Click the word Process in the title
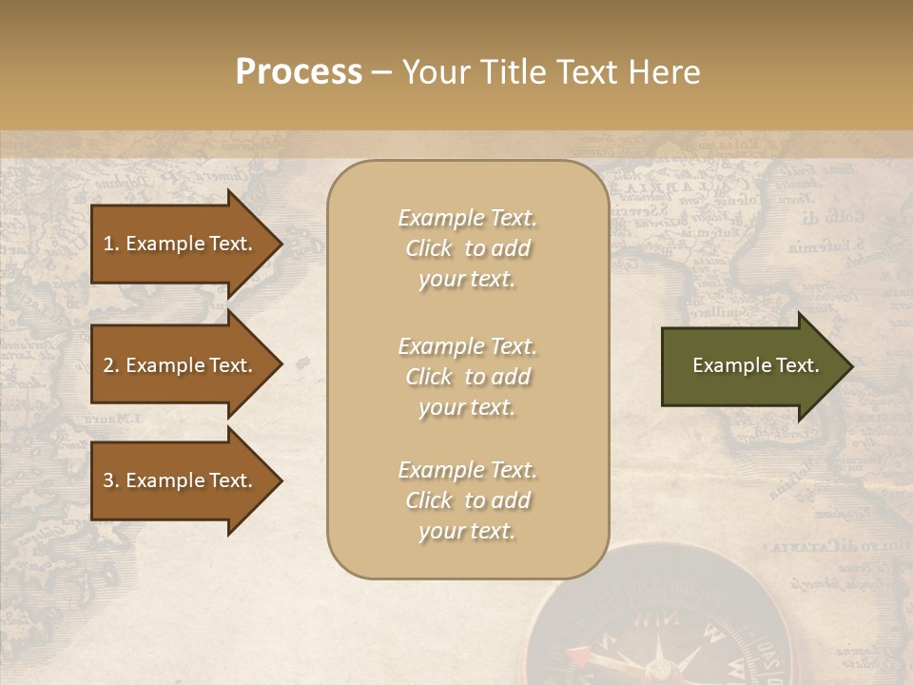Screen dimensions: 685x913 [299, 72]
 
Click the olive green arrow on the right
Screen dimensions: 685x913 [751, 366]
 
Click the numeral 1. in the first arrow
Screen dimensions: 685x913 [111, 244]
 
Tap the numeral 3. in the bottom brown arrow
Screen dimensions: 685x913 [111, 480]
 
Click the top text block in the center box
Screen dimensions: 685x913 [467, 248]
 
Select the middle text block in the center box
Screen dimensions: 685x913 [467, 376]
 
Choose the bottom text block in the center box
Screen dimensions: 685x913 [467, 500]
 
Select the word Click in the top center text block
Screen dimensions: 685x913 [429, 248]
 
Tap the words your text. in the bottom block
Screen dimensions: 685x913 [467, 531]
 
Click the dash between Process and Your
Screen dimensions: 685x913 [380, 72]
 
